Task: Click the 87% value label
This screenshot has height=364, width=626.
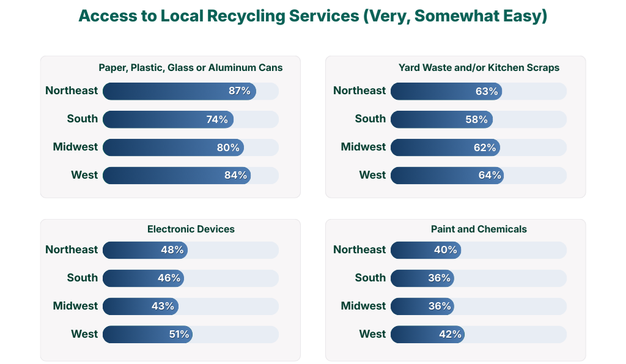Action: point(239,91)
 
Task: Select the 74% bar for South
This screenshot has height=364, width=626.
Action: point(168,119)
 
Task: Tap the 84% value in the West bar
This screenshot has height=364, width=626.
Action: point(235,176)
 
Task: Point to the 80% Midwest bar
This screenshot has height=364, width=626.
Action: point(173,147)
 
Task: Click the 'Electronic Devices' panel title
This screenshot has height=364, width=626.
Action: point(191,229)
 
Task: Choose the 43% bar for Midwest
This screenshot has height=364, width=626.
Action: point(141,306)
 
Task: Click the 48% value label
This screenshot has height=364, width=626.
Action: point(172,250)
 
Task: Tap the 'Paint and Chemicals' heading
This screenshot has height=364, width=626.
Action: point(479,229)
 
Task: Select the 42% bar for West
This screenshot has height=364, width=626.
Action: point(426,334)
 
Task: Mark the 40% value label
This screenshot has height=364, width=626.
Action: point(445,250)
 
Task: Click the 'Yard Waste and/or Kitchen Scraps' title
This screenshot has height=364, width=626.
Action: point(479,68)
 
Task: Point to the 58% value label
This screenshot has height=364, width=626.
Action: point(476,119)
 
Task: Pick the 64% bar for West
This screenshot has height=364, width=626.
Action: point(447,176)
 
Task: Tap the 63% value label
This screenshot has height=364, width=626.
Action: point(487,91)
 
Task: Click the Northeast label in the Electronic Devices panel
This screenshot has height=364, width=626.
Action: point(72,250)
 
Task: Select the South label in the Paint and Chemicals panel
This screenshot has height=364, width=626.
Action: point(370,278)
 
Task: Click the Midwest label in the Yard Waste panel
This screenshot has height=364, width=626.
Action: point(363,147)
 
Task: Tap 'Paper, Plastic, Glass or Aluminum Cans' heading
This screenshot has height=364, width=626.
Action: point(191,68)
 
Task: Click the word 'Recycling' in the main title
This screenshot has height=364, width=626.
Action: point(257,17)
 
